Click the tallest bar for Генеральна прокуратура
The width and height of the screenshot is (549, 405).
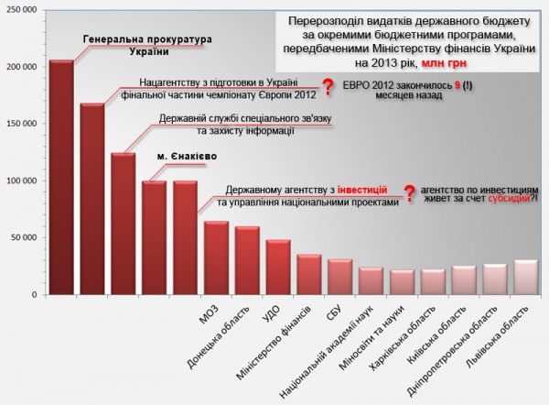61,179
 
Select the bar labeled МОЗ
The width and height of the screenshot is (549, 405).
217,258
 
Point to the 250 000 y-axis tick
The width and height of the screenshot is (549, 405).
23,10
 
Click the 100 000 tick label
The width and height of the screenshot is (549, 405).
23,181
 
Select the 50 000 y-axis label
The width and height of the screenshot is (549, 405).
26,237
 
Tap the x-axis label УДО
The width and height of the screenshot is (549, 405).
272,312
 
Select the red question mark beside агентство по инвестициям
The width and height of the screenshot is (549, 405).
410,192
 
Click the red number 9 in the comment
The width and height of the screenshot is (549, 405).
457,83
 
